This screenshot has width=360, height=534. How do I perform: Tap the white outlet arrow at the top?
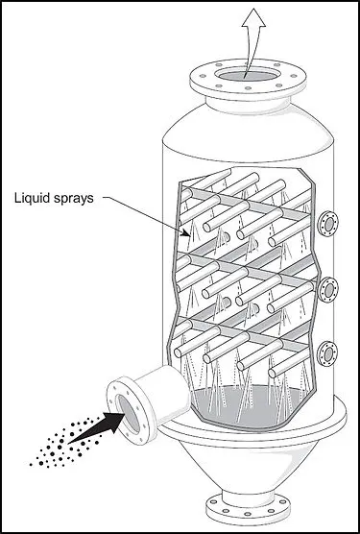click(252, 38)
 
